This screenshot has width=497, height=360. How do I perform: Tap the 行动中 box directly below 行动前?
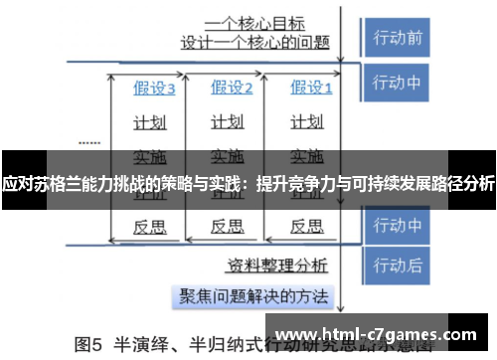[397, 82]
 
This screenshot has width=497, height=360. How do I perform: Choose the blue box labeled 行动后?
[397, 265]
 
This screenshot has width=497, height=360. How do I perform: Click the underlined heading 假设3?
[154, 89]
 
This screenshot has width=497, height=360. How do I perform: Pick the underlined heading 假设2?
[232, 89]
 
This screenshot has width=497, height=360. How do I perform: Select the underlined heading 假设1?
[310, 89]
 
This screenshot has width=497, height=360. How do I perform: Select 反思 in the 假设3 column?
[150, 226]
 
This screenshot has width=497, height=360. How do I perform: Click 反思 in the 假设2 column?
[228, 226]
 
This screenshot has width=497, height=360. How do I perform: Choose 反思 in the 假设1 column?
[305, 226]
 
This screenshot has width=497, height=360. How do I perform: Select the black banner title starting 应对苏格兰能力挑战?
[248, 183]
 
